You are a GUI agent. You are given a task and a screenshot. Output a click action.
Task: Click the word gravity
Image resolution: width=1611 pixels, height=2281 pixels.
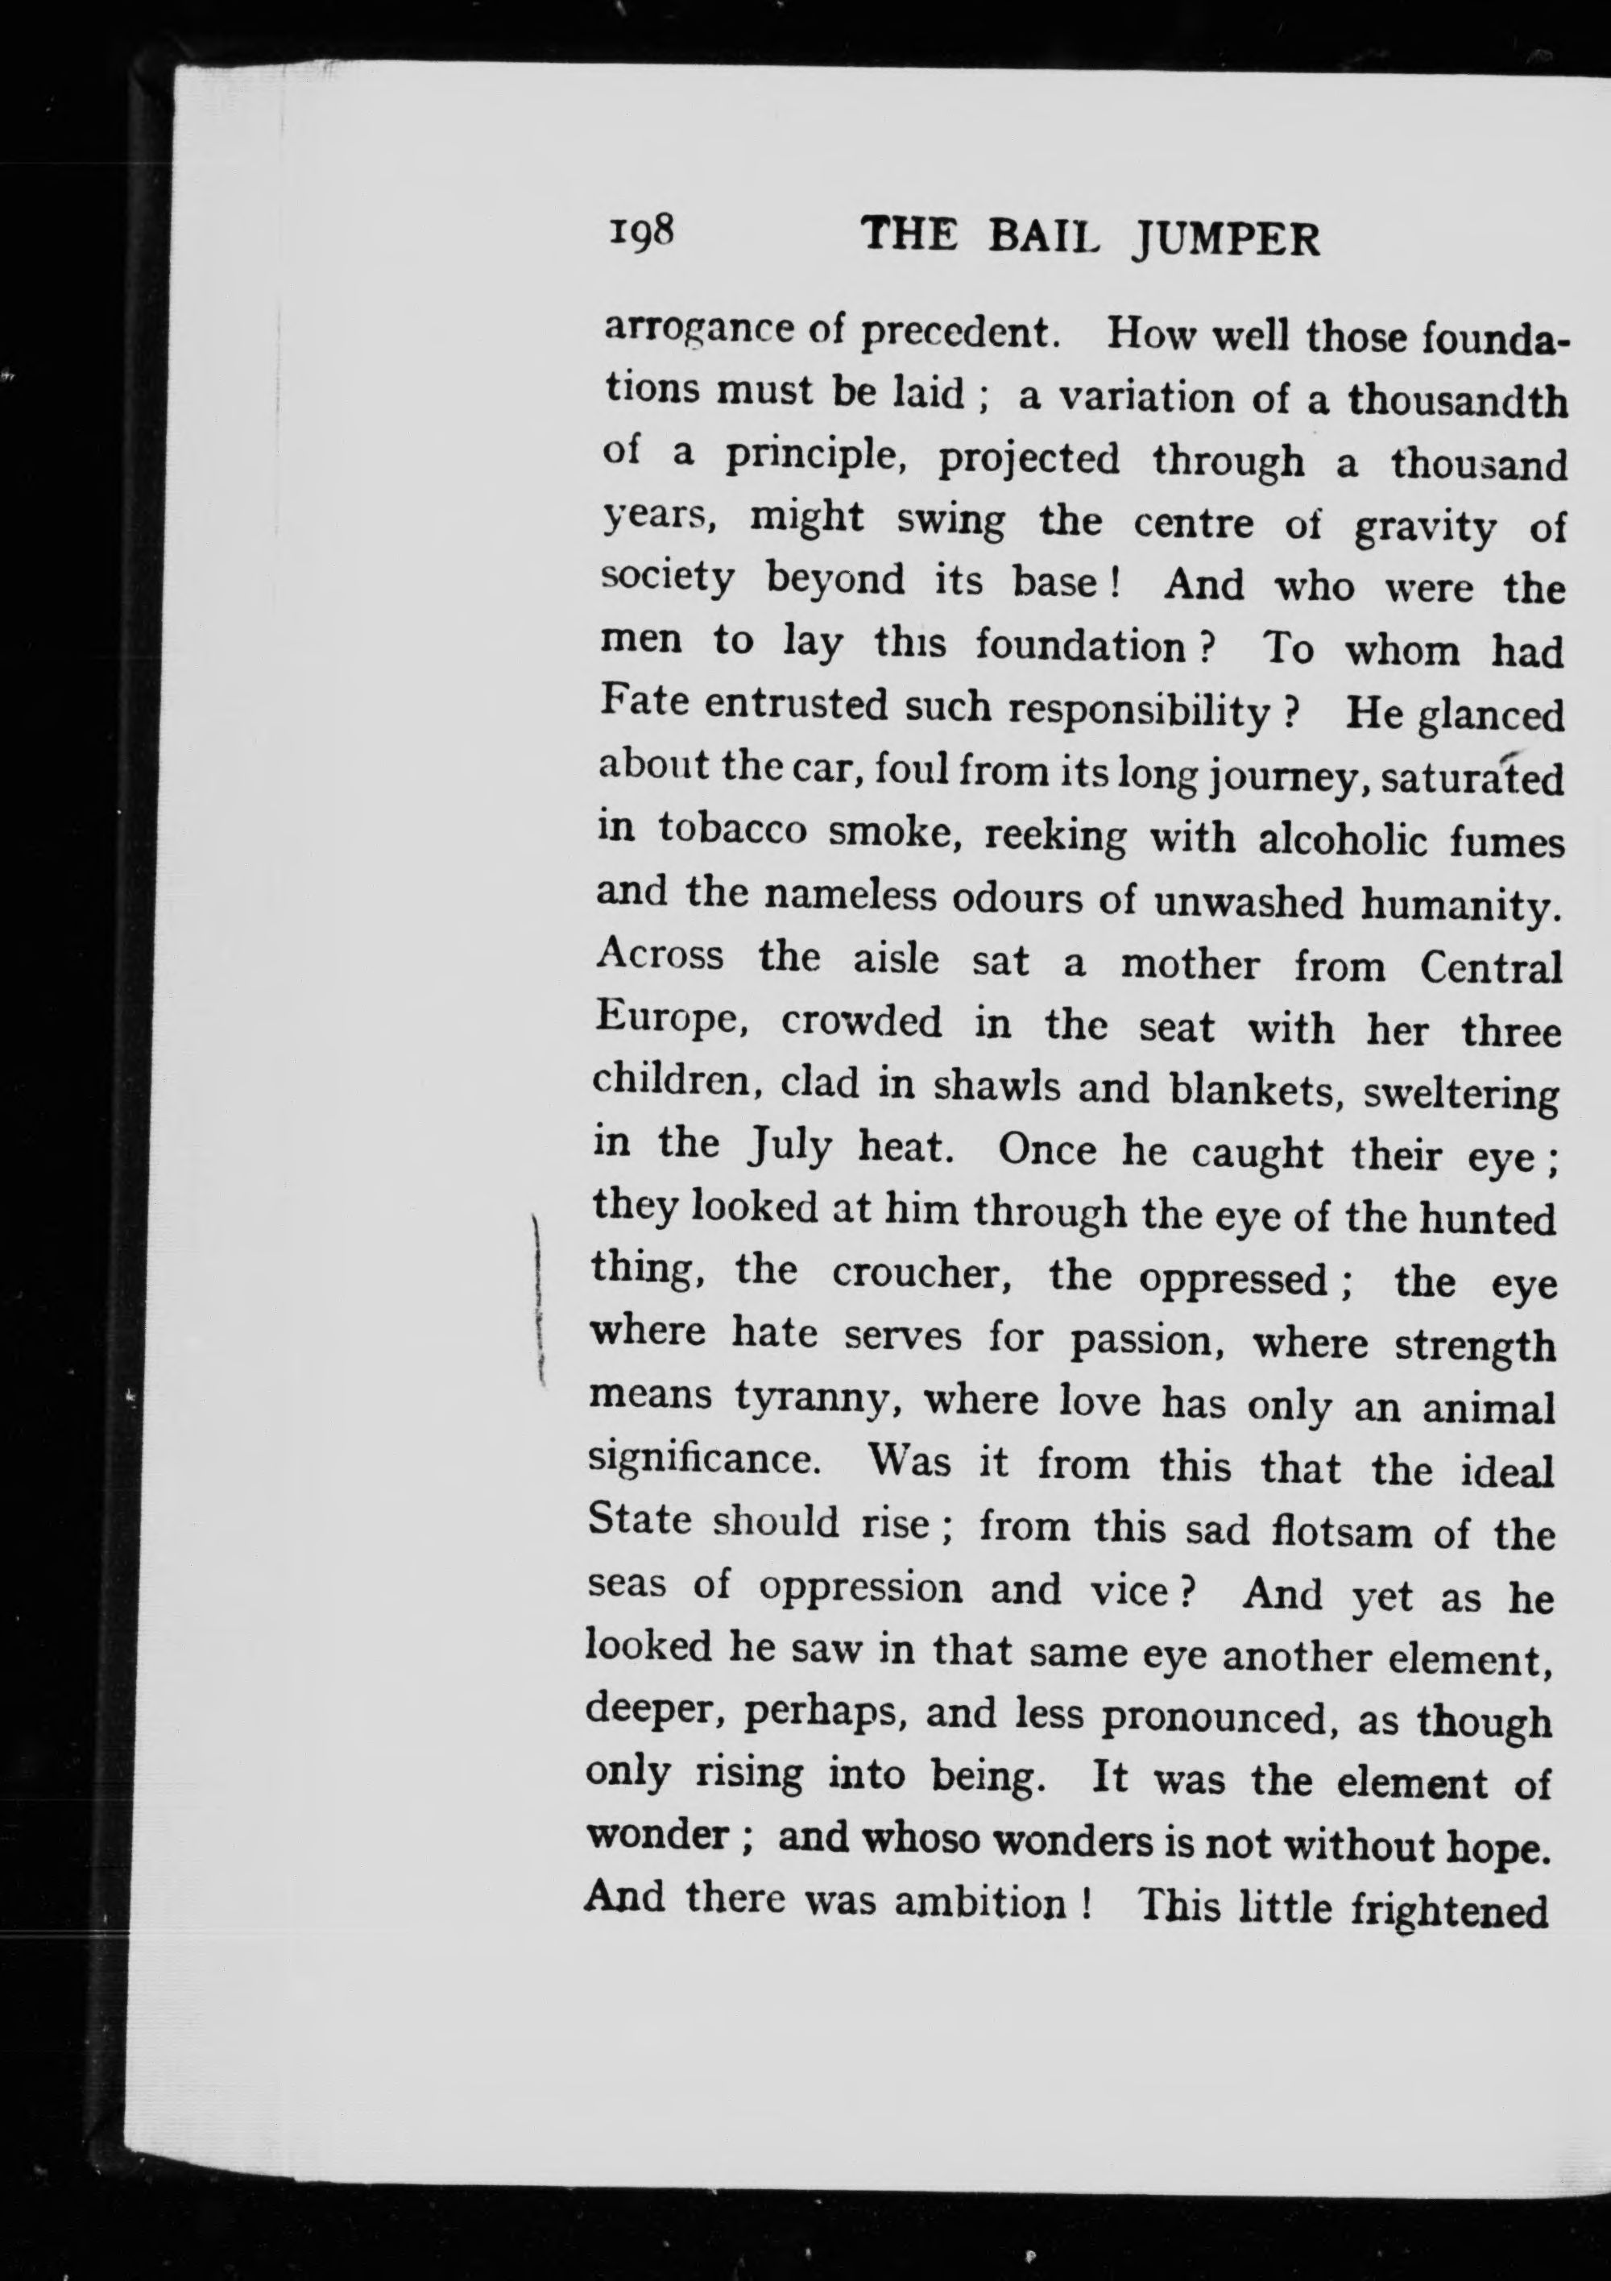pos(1423,528)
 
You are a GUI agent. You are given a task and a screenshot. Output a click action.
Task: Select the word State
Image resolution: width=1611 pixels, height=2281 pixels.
pos(639,1521)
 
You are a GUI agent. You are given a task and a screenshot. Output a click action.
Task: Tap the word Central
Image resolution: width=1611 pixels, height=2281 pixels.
pos(1491,969)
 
